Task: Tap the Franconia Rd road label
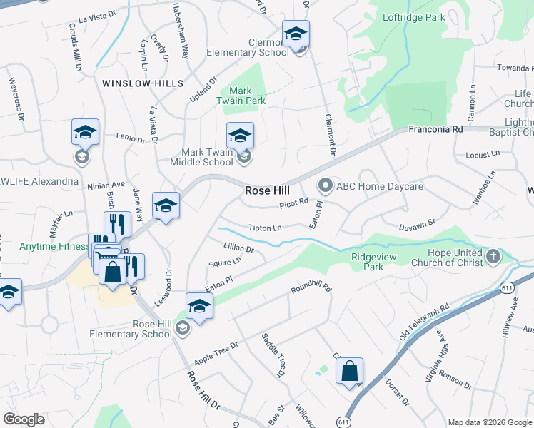(435, 129)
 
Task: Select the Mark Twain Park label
(242, 96)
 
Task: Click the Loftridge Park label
(413, 16)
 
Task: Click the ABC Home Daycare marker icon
(326, 186)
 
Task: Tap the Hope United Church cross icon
(493, 257)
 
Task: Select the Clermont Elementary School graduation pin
(295, 34)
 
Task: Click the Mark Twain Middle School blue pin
(240, 136)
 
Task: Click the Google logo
(24, 419)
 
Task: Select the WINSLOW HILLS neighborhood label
(143, 83)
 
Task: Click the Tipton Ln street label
(265, 228)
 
